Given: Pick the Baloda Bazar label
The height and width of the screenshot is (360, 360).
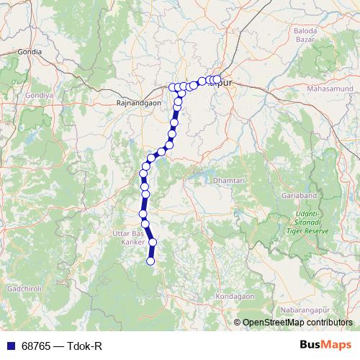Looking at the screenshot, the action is [x=310, y=36].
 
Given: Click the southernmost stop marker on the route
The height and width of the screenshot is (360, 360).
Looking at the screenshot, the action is [x=151, y=261].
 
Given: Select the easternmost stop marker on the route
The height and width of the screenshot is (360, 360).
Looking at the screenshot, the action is [x=217, y=80].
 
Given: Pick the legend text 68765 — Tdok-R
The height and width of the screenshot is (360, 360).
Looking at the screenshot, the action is [x=60, y=346].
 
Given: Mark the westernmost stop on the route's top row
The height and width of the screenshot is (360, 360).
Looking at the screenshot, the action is [x=173, y=87].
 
